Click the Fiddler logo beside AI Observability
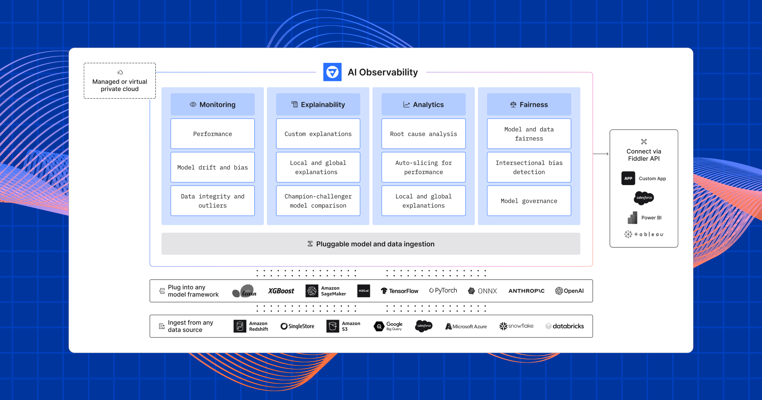[x=332, y=72]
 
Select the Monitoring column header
[x=212, y=104]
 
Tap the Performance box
[x=212, y=134]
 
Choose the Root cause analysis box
[x=423, y=134]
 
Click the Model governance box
[x=529, y=201]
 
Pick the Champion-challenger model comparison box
[x=318, y=201]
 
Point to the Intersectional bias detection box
[x=529, y=167]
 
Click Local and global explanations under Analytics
[x=423, y=201]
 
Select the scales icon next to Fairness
[x=513, y=104]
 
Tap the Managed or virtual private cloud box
[x=120, y=81]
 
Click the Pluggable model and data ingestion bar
[x=371, y=244]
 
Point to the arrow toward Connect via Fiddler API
[x=601, y=154]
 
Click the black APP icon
[x=628, y=178]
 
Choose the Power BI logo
[x=632, y=218]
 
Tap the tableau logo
[x=644, y=234]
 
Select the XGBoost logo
[x=281, y=291]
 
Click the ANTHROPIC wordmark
[x=526, y=291]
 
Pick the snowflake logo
[x=516, y=326]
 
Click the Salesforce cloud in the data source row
[x=424, y=326]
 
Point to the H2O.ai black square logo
[x=364, y=291]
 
